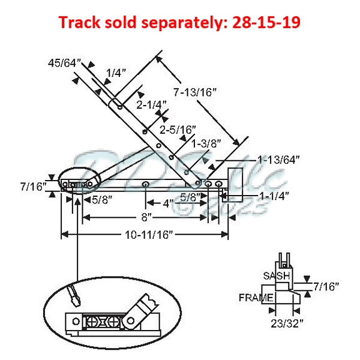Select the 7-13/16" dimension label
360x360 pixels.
195,93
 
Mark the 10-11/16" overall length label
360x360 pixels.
146,235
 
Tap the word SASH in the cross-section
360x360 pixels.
277,276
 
